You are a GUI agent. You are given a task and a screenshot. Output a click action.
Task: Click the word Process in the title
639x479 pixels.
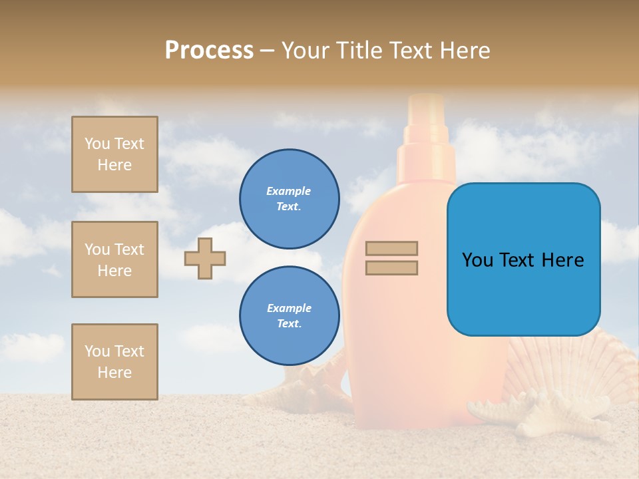209,51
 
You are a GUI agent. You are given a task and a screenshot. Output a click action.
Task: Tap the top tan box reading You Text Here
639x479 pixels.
114,154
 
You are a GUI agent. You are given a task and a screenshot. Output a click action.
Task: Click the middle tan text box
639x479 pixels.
114,259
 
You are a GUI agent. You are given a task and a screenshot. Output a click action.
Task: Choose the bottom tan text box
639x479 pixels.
114,362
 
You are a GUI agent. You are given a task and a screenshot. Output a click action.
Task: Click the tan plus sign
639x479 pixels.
205,258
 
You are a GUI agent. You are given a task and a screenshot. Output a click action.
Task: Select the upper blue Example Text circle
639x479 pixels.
289,199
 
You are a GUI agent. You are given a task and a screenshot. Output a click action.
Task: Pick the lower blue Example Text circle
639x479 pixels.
289,316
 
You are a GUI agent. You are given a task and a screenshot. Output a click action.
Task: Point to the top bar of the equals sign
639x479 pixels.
391,248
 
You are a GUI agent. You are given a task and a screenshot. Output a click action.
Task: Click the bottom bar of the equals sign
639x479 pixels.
391,268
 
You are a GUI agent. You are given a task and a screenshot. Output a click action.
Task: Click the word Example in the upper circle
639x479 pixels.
288,191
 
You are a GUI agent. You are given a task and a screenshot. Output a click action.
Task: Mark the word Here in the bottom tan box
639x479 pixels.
114,373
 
